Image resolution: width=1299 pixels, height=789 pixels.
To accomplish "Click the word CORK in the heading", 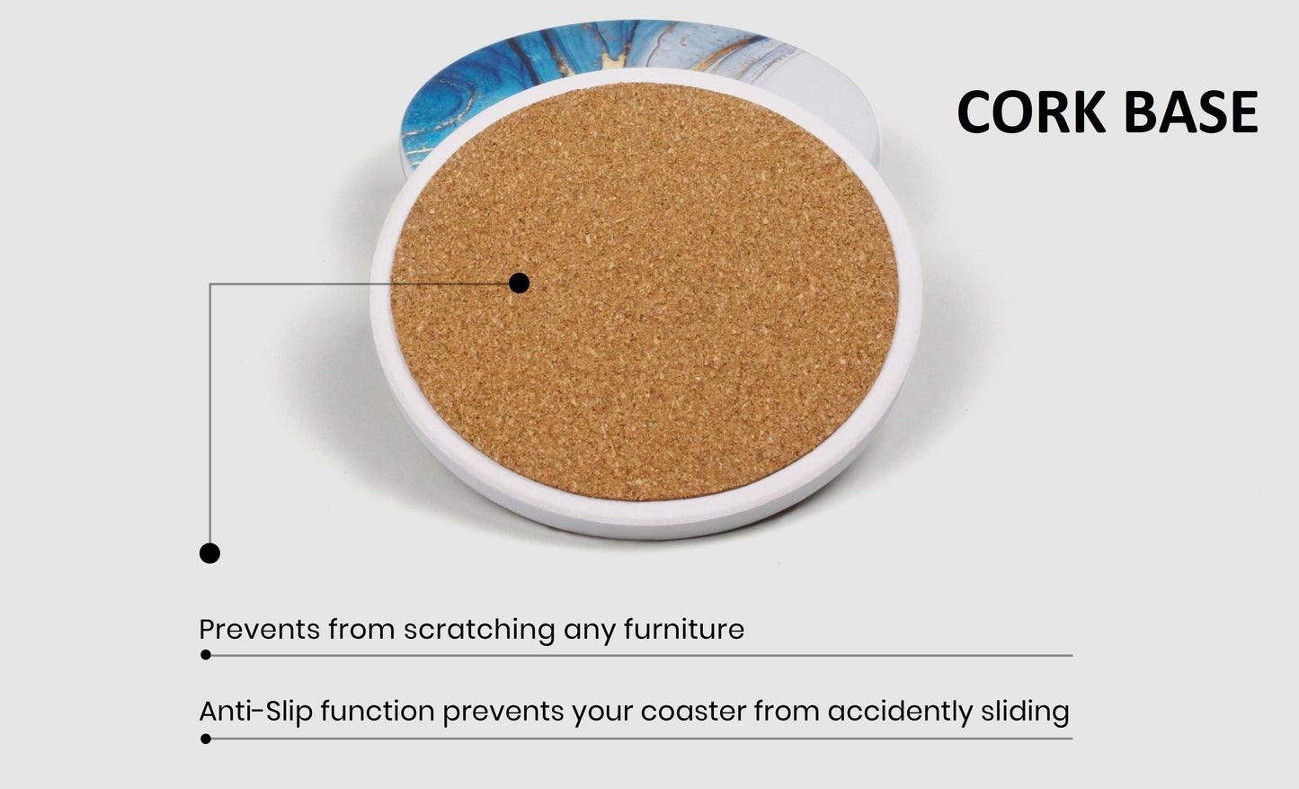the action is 1031,112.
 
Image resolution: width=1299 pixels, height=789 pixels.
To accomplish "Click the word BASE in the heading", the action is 1191,112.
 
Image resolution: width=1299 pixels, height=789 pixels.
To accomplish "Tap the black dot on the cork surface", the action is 519,283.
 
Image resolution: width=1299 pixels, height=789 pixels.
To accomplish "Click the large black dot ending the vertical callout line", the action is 209,553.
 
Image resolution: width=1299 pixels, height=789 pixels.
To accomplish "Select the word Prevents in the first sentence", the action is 259,629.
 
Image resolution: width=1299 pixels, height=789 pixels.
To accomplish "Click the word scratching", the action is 479,630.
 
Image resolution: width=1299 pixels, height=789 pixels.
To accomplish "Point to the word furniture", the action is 684,629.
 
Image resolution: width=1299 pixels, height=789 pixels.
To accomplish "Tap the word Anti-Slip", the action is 255,713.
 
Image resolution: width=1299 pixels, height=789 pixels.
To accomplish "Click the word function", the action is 378,712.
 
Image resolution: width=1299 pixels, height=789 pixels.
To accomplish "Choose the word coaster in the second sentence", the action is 693,713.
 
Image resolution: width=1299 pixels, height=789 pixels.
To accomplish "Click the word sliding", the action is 1025,713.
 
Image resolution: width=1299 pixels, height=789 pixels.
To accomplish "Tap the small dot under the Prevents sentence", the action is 205,654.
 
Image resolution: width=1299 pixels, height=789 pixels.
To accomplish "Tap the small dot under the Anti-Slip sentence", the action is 205,739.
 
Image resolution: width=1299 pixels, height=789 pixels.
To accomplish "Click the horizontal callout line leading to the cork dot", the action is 359,283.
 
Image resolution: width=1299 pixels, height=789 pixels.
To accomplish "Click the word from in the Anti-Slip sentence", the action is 787,712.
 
